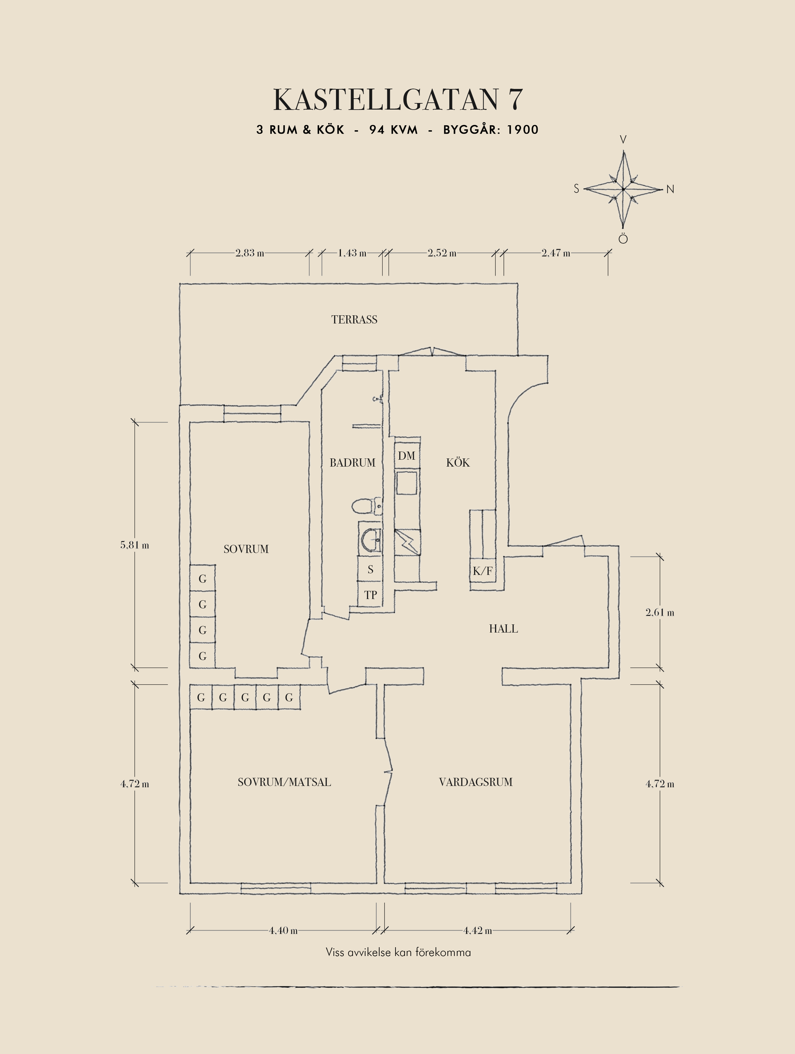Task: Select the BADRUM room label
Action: (353, 463)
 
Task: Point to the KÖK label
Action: (458, 463)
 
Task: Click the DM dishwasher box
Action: (406, 456)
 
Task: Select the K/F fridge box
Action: (483, 571)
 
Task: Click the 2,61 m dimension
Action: (660, 613)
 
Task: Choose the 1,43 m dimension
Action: (352, 253)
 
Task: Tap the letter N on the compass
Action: (670, 189)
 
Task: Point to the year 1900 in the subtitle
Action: (523, 130)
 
